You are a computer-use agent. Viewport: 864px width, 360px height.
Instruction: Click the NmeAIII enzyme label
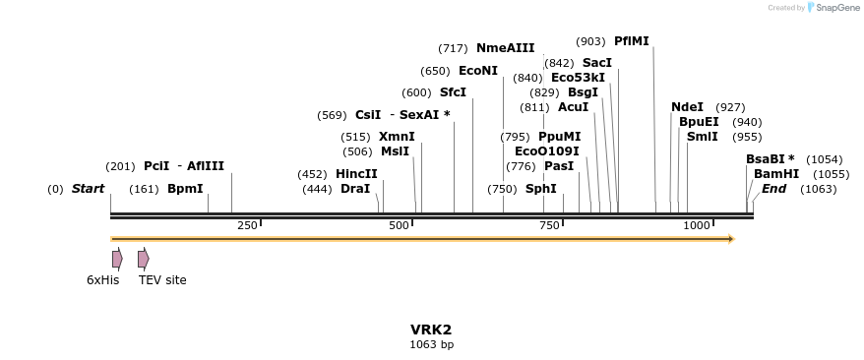pos(505,48)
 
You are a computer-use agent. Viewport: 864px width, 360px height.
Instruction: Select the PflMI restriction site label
pos(631,41)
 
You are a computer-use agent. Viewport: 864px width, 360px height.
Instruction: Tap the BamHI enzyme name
pos(776,174)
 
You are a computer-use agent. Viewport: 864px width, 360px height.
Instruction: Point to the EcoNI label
pos(478,71)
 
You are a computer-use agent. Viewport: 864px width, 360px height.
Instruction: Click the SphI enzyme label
pos(540,189)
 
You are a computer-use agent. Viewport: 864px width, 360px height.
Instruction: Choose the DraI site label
pos(354,189)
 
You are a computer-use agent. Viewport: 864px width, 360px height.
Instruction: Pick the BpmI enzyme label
pos(185,189)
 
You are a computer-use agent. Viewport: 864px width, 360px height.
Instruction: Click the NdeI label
pos(687,107)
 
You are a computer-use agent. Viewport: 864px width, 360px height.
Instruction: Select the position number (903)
pos(590,41)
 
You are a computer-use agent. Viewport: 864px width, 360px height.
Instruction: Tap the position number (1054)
pos(824,159)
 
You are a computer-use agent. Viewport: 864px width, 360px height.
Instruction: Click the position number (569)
pos(332,115)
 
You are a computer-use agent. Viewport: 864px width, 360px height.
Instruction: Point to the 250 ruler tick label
pos(247,226)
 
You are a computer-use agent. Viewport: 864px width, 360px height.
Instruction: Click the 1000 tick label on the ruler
pos(697,226)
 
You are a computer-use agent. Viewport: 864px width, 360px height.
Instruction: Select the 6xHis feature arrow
pos(117,259)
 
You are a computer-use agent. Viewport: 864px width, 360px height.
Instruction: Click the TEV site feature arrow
pos(143,259)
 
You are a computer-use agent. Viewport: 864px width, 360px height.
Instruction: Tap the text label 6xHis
pos(102,280)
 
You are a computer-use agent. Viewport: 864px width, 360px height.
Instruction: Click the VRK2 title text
pos(431,330)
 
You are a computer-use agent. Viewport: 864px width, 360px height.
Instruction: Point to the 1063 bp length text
pos(431,345)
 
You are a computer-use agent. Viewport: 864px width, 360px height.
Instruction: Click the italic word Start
pos(88,189)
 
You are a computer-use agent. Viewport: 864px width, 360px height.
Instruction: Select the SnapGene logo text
pos(831,8)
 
